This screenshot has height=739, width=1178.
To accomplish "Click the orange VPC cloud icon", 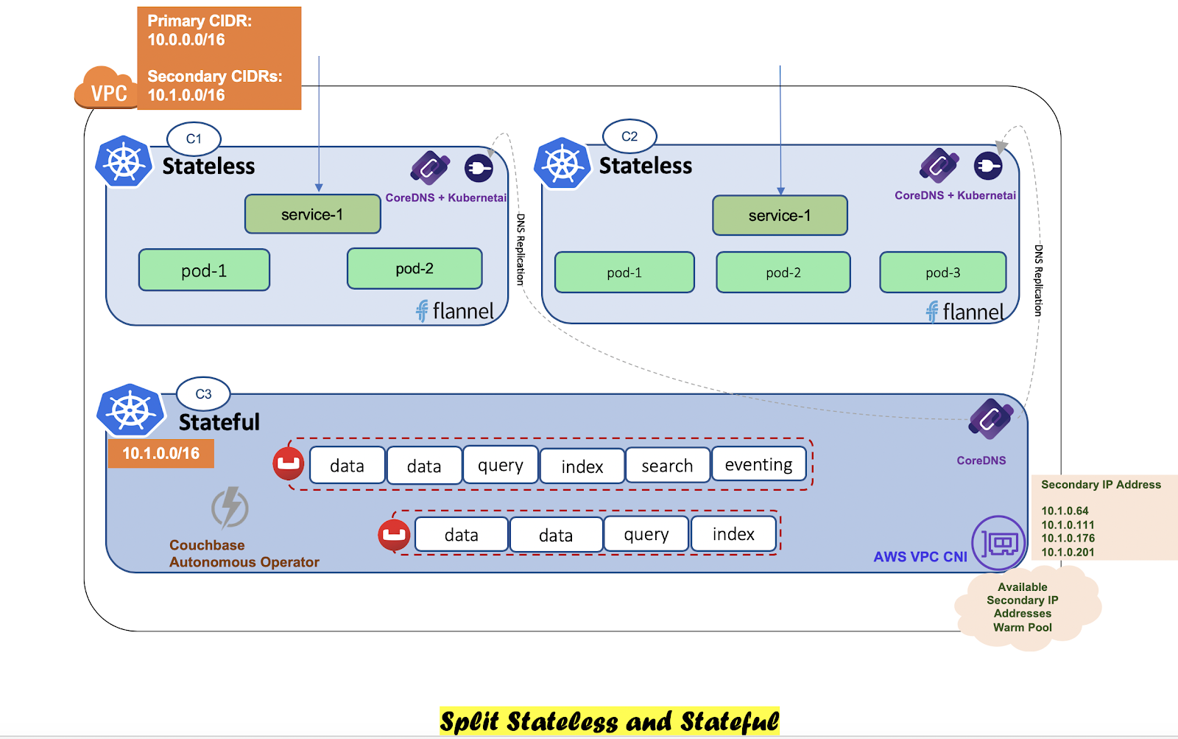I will coord(107,88).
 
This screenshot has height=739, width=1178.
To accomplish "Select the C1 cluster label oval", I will coord(194,139).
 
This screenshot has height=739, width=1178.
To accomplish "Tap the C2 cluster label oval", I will coord(629,136).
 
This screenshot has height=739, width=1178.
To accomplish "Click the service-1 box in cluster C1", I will coord(312,214).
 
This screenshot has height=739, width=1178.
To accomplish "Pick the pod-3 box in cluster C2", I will coord(942,273).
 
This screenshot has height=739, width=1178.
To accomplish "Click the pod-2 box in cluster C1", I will coord(415,269).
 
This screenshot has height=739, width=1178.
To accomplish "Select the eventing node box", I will coord(758,465).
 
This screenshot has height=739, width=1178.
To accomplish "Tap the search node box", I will coord(667,466).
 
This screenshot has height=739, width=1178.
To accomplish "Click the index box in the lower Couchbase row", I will coord(733,534).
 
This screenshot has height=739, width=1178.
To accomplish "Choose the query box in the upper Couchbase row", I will coord(501,465).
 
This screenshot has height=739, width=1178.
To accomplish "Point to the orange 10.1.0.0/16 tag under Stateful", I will coord(161,453).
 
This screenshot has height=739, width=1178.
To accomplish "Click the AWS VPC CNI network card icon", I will coord(999,544).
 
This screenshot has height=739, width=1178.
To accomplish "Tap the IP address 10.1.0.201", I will coord(1068,552).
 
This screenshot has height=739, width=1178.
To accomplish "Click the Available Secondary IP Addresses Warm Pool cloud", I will coord(1023,607).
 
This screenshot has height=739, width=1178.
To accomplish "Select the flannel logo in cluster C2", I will coord(965,312).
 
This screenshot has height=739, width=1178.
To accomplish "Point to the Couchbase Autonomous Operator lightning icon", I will coord(230,508).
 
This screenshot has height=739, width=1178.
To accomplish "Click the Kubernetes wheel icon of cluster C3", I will coord(130,410).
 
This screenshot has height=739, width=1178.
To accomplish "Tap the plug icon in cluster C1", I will coord(479,169).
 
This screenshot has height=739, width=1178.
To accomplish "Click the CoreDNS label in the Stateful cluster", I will coord(981,460).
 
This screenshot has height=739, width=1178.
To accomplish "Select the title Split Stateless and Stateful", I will coord(609,721).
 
